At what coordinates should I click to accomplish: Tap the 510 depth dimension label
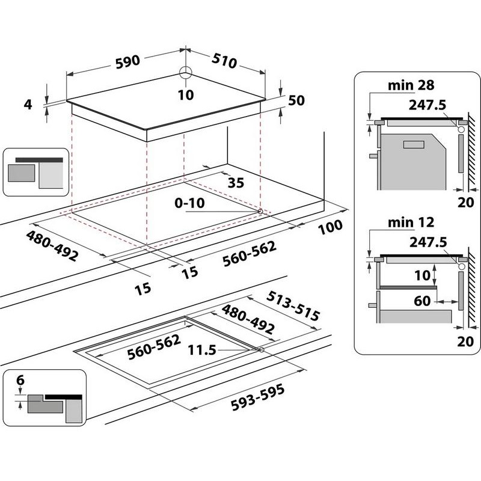point(222,60)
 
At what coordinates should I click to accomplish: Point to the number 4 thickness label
point(27,104)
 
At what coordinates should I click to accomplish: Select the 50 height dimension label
point(296,100)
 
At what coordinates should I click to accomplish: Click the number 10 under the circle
point(186,94)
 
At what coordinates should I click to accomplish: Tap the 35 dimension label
point(236,183)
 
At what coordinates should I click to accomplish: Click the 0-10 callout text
point(190,203)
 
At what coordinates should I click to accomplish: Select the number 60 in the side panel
point(423,299)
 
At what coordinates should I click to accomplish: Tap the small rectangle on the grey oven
point(413,144)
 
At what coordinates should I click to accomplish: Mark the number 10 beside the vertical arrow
point(423,275)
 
